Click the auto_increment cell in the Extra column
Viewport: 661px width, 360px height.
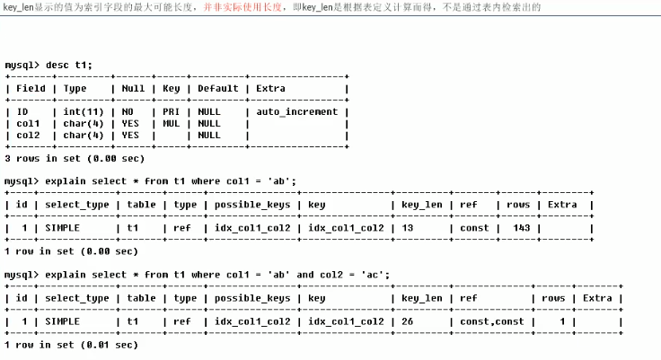[x=297, y=112]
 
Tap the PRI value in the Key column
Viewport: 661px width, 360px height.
[x=171, y=112]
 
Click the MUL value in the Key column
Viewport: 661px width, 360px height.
[x=171, y=124]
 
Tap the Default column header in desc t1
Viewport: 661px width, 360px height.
[x=218, y=89]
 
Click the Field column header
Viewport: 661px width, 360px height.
[x=31, y=89]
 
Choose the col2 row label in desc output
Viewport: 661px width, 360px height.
[x=29, y=136]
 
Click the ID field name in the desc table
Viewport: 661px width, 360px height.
[x=22, y=112]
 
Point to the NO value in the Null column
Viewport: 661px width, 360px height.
[x=130, y=112]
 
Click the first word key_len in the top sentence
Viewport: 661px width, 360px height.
[x=18, y=7]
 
